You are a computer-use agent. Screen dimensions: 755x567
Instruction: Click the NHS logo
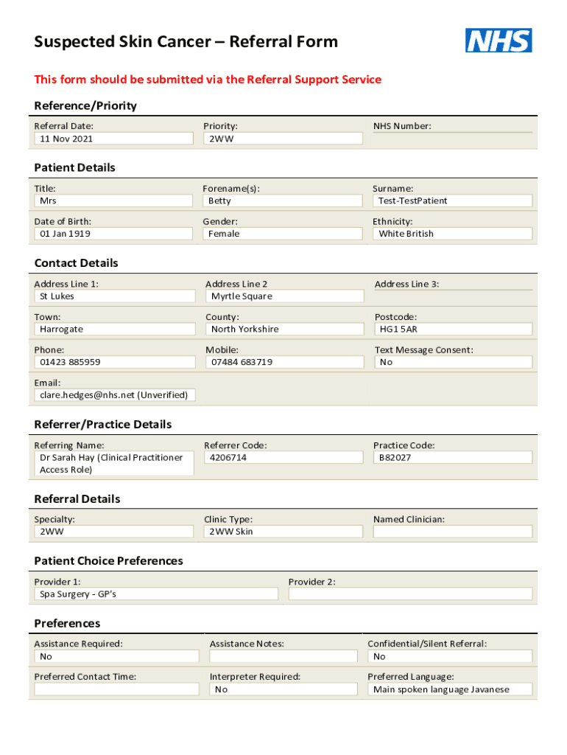499,40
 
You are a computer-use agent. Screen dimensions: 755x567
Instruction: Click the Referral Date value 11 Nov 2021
66,139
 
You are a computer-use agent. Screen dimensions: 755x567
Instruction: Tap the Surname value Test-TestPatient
413,201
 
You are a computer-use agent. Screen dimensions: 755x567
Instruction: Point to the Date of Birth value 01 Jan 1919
66,234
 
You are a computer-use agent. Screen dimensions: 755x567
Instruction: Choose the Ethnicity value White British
406,234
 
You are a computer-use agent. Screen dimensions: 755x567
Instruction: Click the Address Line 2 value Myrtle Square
242,296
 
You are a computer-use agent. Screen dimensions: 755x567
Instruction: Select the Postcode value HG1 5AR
398,330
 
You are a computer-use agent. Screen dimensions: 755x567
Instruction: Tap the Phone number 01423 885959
70,362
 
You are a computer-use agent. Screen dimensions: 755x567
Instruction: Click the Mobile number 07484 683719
242,362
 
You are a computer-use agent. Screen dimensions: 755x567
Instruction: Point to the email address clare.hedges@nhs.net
87,395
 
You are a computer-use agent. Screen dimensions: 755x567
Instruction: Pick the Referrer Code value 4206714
228,457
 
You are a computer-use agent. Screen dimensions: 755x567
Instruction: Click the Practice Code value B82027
395,457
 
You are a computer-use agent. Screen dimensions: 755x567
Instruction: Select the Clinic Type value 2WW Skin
231,532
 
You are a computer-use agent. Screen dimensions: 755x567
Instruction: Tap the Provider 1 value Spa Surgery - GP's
77,594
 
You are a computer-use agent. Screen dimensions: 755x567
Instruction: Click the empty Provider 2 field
410,594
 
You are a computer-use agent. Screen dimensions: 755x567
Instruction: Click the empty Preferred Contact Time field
116,689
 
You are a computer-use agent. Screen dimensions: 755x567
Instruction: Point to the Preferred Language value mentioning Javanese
441,689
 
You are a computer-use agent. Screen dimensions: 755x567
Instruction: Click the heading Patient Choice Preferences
109,561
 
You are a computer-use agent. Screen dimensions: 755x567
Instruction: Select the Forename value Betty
219,201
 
